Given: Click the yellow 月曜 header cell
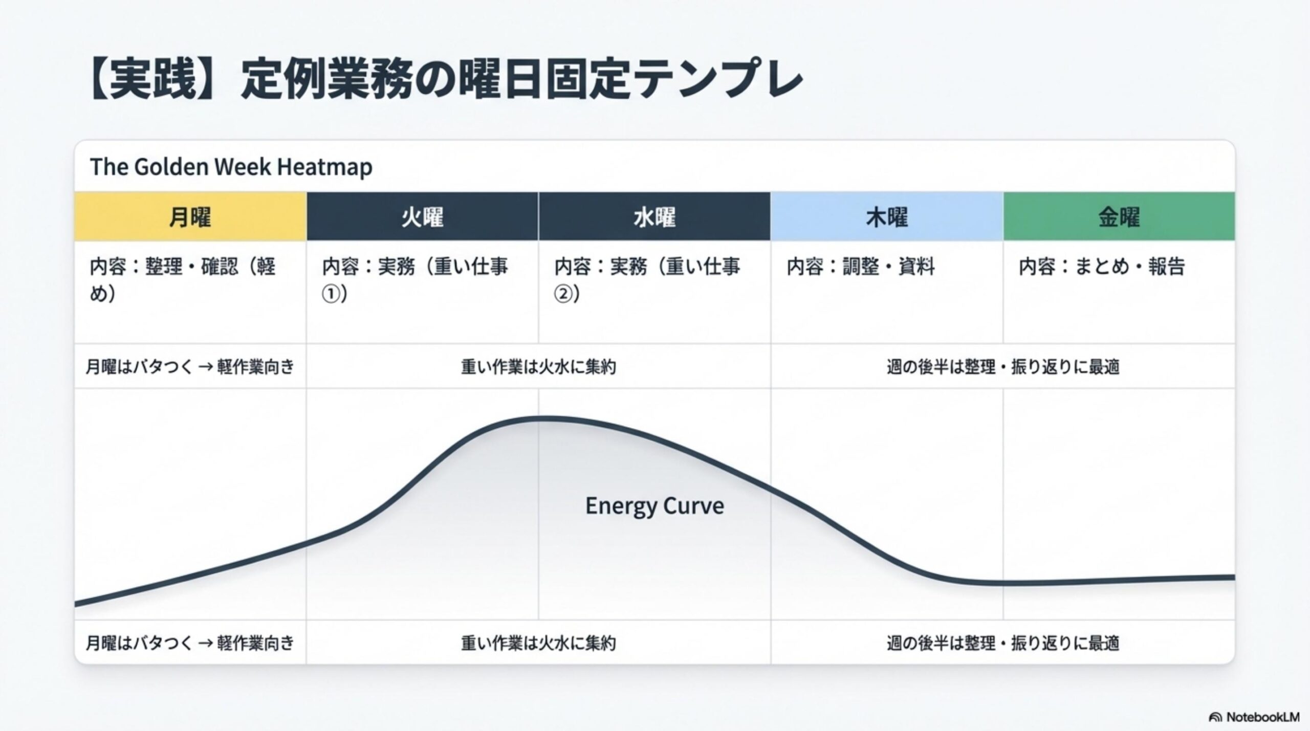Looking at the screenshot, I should pyautogui.click(x=190, y=217).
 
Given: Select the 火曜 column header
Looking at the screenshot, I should pyautogui.click(x=422, y=217).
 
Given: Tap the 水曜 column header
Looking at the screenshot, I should pyautogui.click(x=654, y=217).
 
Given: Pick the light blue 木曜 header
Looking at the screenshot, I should pyautogui.click(x=886, y=217).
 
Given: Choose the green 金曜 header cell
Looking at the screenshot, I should pyautogui.click(x=1119, y=217).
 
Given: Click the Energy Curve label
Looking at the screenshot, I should pyautogui.click(x=654, y=506).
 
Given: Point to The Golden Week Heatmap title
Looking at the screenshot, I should pyautogui.click(x=231, y=167).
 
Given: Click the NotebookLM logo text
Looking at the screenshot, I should pyautogui.click(x=1262, y=717).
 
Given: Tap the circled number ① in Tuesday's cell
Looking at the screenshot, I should pyautogui.click(x=331, y=295).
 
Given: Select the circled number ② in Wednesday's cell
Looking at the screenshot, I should pyautogui.click(x=563, y=295).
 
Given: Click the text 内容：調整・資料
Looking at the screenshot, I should pyautogui.click(x=861, y=267).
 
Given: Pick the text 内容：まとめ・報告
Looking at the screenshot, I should pyautogui.click(x=1101, y=267).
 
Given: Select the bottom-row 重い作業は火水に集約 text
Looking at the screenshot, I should pyautogui.click(x=538, y=643).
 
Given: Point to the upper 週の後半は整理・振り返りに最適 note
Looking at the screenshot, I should pyautogui.click(x=1002, y=367).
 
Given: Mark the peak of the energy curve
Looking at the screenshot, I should pyautogui.click(x=538, y=419).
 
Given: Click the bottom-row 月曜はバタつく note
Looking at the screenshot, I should pyautogui.click(x=190, y=643).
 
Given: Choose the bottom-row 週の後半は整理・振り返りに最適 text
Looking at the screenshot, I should pyautogui.click(x=1002, y=643).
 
